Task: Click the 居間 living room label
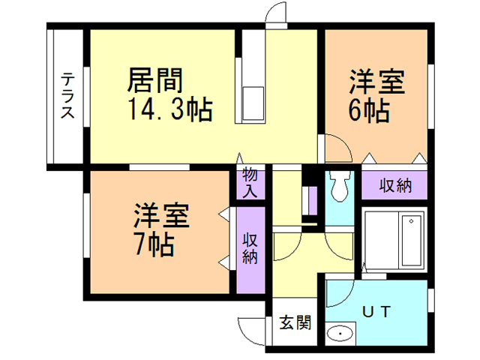tap(155, 80)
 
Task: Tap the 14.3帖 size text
tap(170, 109)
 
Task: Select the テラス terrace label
tap(67, 95)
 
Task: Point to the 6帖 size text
tap(369, 110)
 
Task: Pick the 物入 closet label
tap(250, 184)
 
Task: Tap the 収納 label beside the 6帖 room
tap(395, 185)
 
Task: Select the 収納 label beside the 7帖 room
tap(250, 248)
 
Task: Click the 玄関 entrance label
tap(295, 322)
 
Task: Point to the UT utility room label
tap(376, 312)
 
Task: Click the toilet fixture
tap(339, 186)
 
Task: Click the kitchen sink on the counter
tap(253, 103)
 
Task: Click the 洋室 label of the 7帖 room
tap(161, 216)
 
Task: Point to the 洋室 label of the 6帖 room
tap(376, 82)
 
